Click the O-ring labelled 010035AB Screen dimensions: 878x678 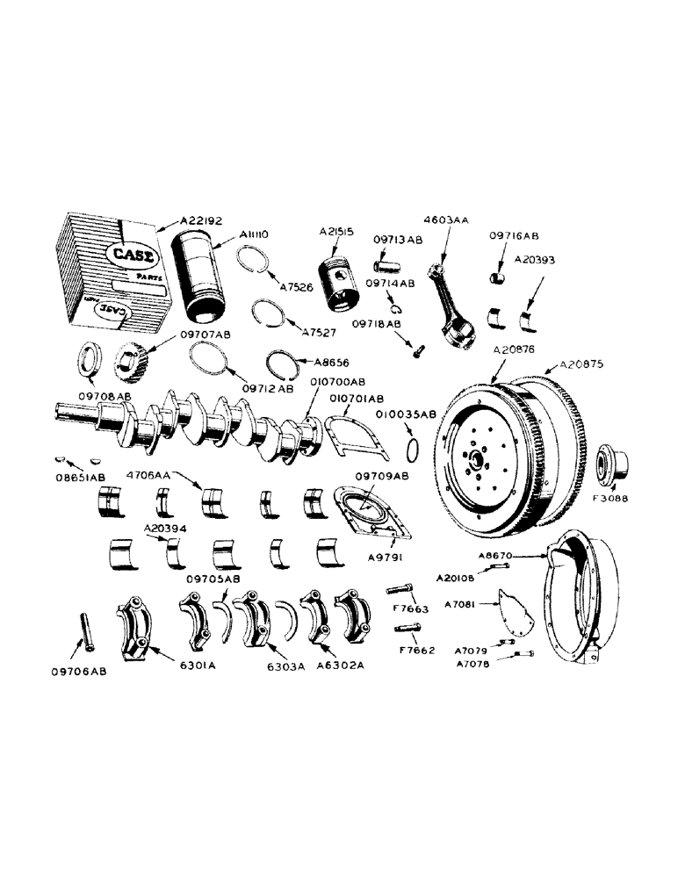click(x=418, y=450)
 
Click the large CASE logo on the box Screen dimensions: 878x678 click(x=126, y=254)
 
